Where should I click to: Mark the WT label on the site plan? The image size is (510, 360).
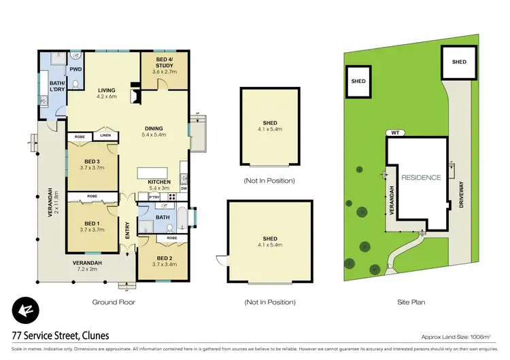click(x=394, y=133)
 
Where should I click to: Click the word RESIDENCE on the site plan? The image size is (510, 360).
click(x=421, y=177)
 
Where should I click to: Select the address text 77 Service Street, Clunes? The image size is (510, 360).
click(x=60, y=336)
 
